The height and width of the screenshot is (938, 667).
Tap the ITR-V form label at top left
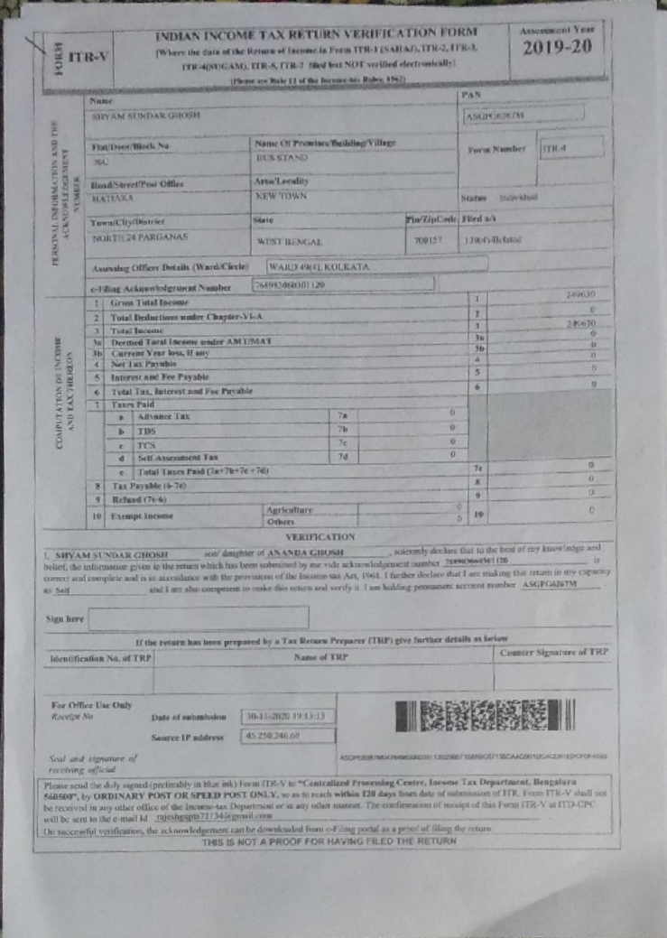[88, 56]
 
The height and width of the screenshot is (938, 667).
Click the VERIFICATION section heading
[320, 536]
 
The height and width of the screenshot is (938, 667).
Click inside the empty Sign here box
[199, 618]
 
